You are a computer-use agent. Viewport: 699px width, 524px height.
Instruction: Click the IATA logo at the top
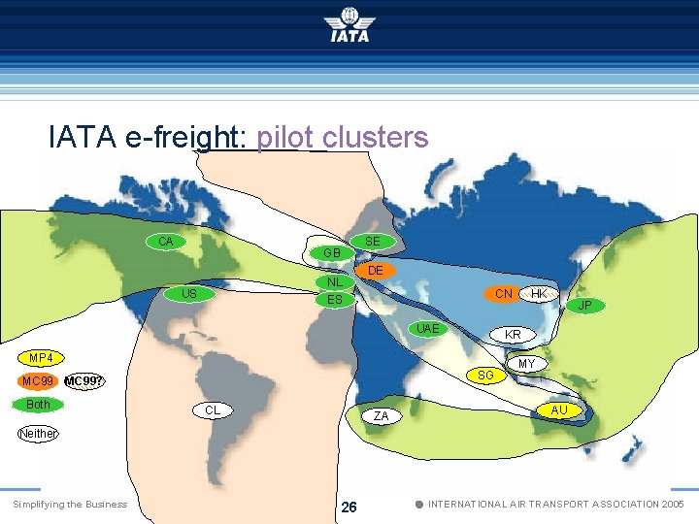tap(349, 24)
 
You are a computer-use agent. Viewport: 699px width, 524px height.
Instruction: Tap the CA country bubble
tap(166, 241)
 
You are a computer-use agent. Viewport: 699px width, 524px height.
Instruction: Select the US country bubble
tap(189, 293)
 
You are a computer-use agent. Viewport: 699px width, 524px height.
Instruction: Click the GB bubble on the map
tap(332, 252)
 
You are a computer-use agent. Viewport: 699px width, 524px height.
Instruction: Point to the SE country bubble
tap(372, 241)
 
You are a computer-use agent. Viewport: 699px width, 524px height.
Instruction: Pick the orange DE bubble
tap(376, 270)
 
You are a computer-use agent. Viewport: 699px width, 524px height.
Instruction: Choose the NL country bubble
tap(334, 282)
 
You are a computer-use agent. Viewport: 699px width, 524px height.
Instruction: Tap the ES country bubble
tap(334, 300)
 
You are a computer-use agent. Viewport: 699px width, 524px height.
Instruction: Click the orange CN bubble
tap(504, 293)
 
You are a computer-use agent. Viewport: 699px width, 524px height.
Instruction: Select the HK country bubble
tap(539, 293)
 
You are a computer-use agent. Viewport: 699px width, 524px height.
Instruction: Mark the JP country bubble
tap(584, 306)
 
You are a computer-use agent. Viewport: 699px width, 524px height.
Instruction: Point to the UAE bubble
tap(427, 329)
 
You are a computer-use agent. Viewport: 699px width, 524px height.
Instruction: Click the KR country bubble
tap(513, 335)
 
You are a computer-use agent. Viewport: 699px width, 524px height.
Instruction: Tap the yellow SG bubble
tap(486, 375)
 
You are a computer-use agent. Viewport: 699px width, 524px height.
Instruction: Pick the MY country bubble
tap(526, 364)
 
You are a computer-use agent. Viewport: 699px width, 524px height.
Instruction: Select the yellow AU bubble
tap(559, 410)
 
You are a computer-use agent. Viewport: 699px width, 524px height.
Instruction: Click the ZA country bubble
tap(382, 416)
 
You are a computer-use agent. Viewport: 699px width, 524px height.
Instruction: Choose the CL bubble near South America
tap(213, 410)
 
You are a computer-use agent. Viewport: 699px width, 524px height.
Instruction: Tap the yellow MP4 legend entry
tap(41, 358)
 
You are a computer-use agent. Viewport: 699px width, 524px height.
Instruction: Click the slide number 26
tap(349, 507)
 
